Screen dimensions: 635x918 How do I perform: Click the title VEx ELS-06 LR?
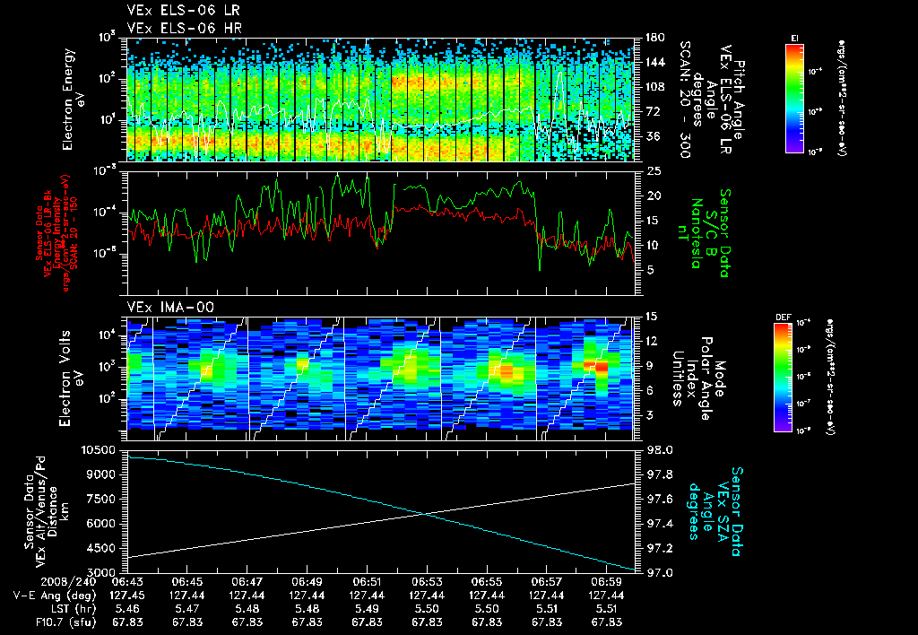[x=176, y=10]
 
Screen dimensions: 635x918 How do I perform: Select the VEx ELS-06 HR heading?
[x=176, y=27]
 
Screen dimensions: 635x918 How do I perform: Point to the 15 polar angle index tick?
[x=652, y=316]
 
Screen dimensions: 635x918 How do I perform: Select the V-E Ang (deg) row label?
[x=49, y=595]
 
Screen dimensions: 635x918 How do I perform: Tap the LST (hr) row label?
[x=60, y=607]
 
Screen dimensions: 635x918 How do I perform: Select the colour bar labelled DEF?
[x=783, y=378]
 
